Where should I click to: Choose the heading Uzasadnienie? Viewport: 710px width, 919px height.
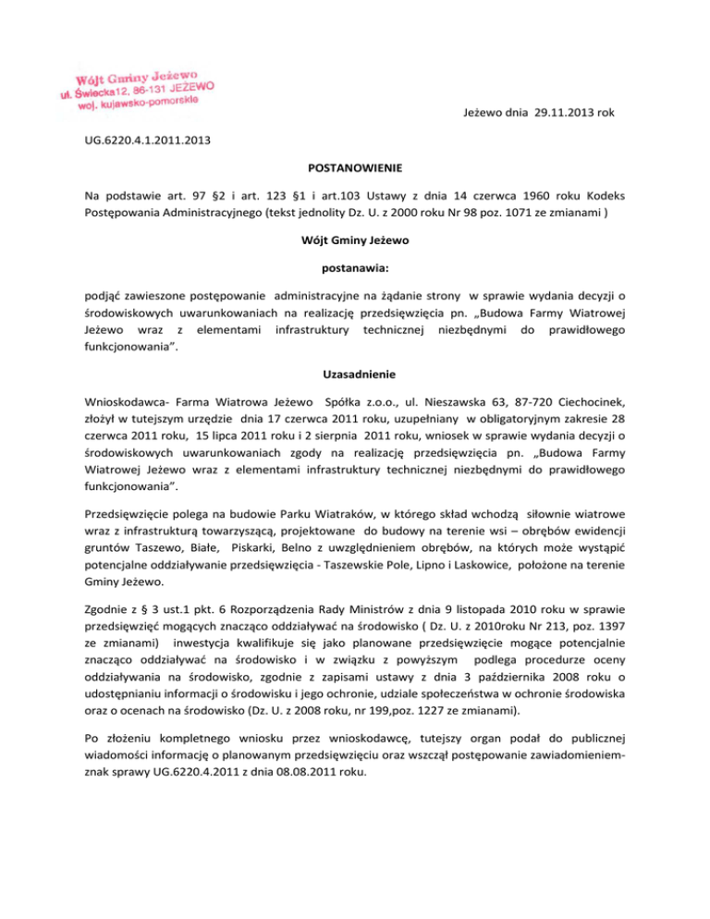pyautogui.click(x=354, y=379)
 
